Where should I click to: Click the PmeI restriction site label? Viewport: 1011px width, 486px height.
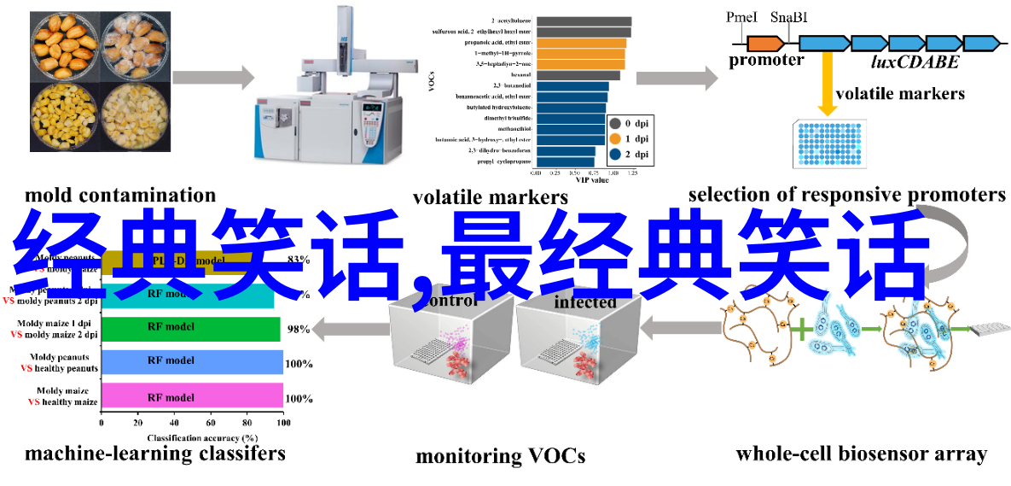[x=741, y=17]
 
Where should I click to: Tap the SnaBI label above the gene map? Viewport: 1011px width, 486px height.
[x=789, y=17]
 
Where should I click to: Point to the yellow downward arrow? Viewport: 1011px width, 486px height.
[x=826, y=85]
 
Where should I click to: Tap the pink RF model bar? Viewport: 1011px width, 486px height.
[x=192, y=397]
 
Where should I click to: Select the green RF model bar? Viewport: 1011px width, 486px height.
[x=190, y=327]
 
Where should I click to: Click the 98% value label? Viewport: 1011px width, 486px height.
[x=298, y=329]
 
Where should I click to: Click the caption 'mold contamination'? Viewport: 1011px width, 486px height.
[x=120, y=196]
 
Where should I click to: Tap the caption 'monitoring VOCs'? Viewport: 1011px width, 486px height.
[x=500, y=456]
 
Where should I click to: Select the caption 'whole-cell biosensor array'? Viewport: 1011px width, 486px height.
[x=861, y=454]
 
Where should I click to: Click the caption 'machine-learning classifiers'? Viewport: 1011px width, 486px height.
[x=155, y=453]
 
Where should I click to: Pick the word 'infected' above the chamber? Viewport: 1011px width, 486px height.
[x=585, y=302]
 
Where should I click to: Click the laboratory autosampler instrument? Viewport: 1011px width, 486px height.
[x=328, y=94]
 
